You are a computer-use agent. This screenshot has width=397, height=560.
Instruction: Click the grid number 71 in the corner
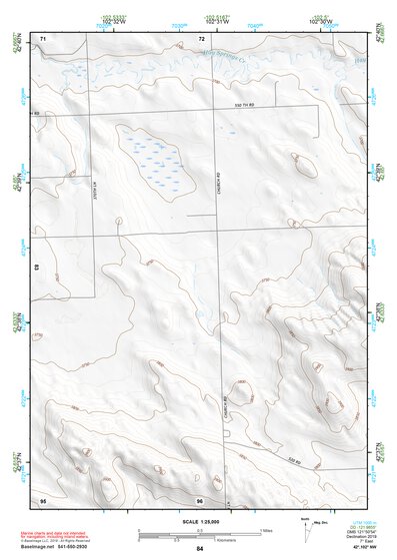(x=43, y=37)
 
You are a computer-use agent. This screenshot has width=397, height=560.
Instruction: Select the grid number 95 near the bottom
(x=43, y=498)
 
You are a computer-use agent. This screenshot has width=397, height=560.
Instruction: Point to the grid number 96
(x=200, y=499)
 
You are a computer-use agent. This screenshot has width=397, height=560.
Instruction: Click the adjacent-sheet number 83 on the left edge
(x=37, y=268)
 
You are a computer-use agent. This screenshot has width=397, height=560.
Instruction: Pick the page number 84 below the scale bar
(x=200, y=549)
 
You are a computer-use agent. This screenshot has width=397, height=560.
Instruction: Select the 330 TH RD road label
(x=246, y=104)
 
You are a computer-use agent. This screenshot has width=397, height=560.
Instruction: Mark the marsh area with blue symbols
(x=156, y=160)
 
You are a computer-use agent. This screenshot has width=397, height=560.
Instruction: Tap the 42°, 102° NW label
(x=365, y=548)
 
